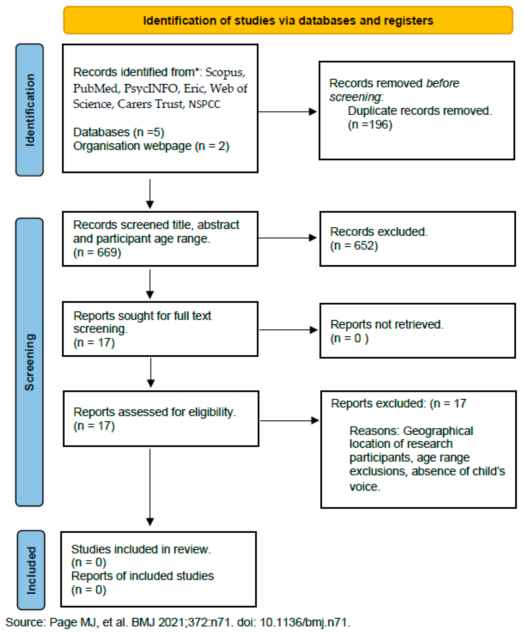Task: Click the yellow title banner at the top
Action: click(x=288, y=20)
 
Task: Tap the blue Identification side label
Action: click(x=30, y=110)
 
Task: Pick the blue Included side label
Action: click(x=31, y=570)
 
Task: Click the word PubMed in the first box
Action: click(x=95, y=89)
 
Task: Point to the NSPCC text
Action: click(x=204, y=104)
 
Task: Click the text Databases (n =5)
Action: click(x=119, y=132)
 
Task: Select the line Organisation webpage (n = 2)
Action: click(x=151, y=146)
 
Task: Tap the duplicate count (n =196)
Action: click(x=370, y=125)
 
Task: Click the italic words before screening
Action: click(x=394, y=90)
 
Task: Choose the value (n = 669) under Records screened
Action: click(x=97, y=252)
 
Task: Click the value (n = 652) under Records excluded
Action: click(x=354, y=245)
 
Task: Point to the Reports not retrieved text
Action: click(x=387, y=324)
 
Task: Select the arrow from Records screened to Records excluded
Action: click(x=287, y=238)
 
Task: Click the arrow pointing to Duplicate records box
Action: click(x=287, y=112)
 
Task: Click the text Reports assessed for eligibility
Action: click(x=154, y=412)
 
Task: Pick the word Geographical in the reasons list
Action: click(x=438, y=431)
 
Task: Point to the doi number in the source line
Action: click(x=304, y=622)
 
